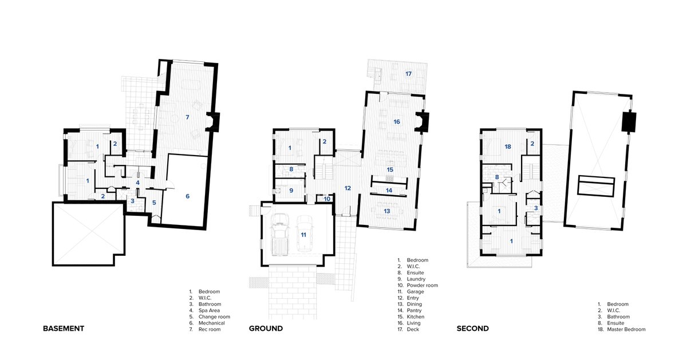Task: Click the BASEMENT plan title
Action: pyautogui.click(x=64, y=329)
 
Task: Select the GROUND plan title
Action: pyautogui.click(x=266, y=329)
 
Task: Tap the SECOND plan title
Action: pyautogui.click(x=472, y=329)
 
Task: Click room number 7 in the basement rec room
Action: pyautogui.click(x=187, y=117)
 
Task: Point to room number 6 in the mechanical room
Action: pyautogui.click(x=187, y=196)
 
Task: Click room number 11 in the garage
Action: pyautogui.click(x=303, y=234)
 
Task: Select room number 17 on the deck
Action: pyautogui.click(x=408, y=74)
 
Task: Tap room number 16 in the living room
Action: pyautogui.click(x=396, y=122)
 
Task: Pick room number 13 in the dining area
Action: pyautogui.click(x=386, y=211)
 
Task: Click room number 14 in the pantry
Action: pyautogui.click(x=388, y=190)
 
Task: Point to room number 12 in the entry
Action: pyautogui.click(x=348, y=188)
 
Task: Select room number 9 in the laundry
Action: pyautogui.click(x=291, y=190)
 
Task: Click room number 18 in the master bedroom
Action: pyautogui.click(x=508, y=147)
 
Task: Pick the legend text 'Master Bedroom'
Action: pyautogui.click(x=626, y=329)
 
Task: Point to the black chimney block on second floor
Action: pyautogui.click(x=627, y=122)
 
